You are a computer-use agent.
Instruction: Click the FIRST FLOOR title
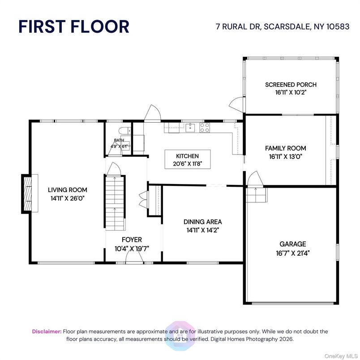(73, 26)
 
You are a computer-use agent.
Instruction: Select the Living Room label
(68, 190)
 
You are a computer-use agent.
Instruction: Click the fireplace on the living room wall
(28, 193)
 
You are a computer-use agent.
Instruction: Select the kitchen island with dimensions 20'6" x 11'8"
(187, 160)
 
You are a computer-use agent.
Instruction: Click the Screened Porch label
(291, 85)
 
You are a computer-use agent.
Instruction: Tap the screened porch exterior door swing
(236, 105)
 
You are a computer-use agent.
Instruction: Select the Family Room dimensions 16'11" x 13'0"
(285, 157)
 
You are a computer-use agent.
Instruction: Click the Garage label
(293, 244)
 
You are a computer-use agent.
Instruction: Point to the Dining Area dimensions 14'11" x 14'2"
(202, 230)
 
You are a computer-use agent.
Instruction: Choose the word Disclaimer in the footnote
(47, 332)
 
